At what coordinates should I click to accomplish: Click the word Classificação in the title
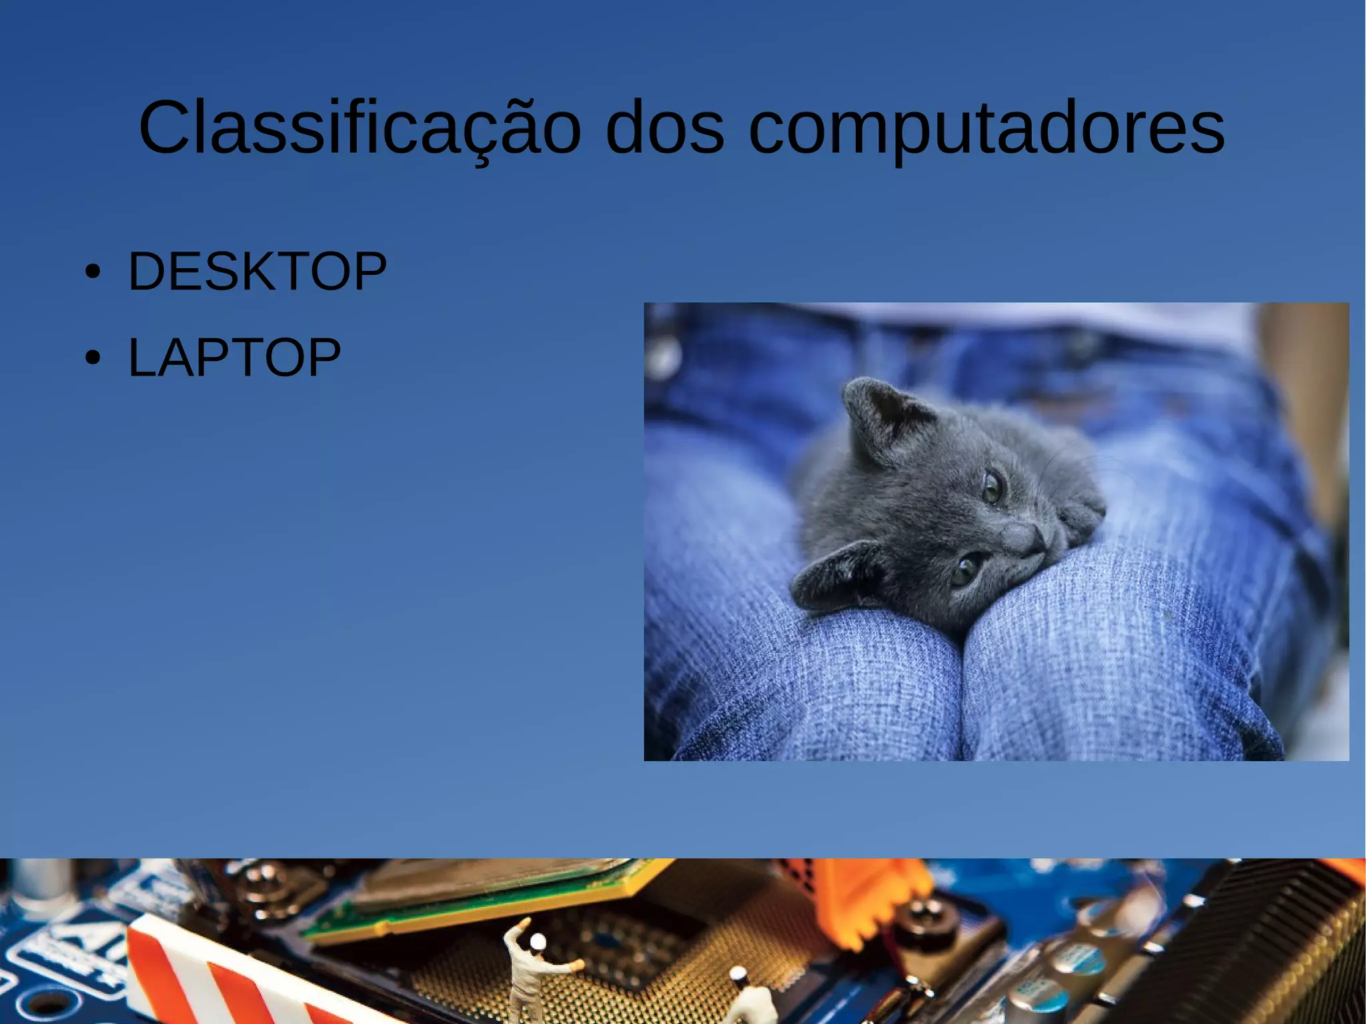tap(359, 128)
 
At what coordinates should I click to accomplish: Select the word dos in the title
tap(664, 128)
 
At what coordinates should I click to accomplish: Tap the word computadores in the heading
tap(986, 128)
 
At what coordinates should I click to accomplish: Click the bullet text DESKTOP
tap(257, 272)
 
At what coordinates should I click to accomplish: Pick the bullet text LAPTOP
tap(234, 358)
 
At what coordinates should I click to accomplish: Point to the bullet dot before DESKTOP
tap(93, 272)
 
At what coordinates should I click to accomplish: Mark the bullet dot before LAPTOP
tap(93, 358)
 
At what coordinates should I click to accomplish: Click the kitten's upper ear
tap(879, 417)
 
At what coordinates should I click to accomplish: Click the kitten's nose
tap(1035, 537)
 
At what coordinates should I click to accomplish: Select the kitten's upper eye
tap(992, 486)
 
